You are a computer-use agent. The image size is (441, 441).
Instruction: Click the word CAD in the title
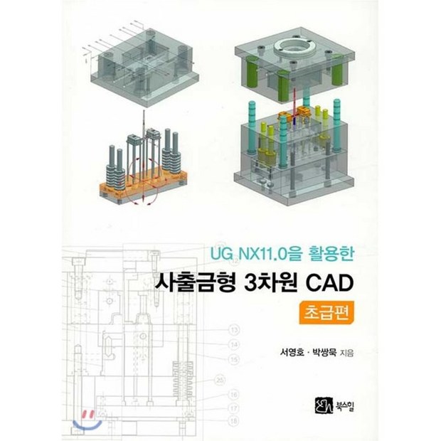[x=329, y=283]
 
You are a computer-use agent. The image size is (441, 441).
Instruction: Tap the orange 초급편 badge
[x=326, y=313]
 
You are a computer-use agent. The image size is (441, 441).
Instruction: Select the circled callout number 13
[x=234, y=329]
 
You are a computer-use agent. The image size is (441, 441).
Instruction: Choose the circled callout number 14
[x=234, y=344]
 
